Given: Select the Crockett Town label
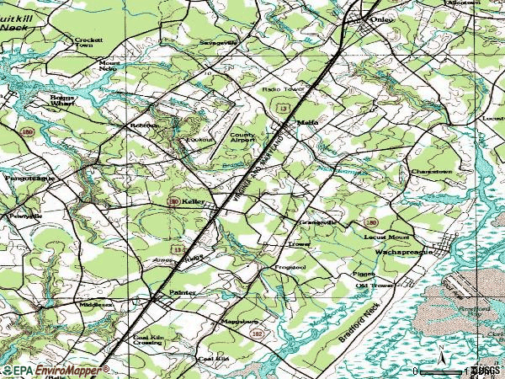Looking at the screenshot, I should tap(88, 43).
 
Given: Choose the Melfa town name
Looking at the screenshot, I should tap(306, 120).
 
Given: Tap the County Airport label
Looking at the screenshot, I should tap(243, 138).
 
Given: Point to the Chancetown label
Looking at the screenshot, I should tap(432, 171).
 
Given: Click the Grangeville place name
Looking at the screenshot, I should tap(319, 222).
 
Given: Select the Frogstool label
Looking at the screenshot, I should tap(288, 268).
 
